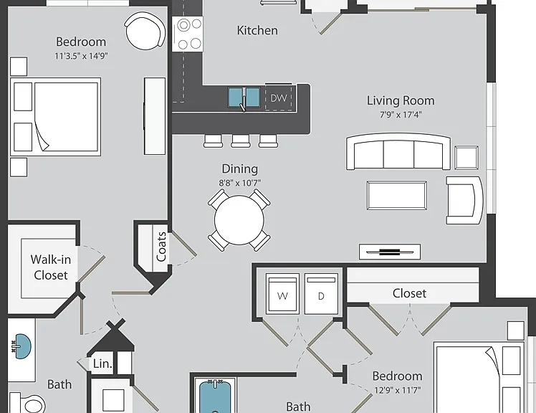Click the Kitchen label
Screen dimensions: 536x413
257,30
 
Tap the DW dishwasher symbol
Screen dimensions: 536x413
279,98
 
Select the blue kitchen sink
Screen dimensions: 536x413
244,98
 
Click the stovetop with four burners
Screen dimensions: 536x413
188,34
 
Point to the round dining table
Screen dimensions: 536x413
239,220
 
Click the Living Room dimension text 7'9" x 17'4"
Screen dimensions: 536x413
401,115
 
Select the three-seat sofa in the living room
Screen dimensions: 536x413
398,151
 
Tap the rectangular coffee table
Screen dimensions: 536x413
396,195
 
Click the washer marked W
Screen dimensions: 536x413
283,293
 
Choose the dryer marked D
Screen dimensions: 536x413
321,293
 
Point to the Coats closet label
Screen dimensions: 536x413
161,247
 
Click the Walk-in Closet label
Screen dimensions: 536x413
51,267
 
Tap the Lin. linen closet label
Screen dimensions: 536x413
102,364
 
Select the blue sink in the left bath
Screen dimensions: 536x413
21,346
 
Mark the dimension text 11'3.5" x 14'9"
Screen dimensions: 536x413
82,56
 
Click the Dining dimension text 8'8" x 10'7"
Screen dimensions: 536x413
239,183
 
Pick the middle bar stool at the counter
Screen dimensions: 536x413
241,141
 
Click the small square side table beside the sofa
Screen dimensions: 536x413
466,158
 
